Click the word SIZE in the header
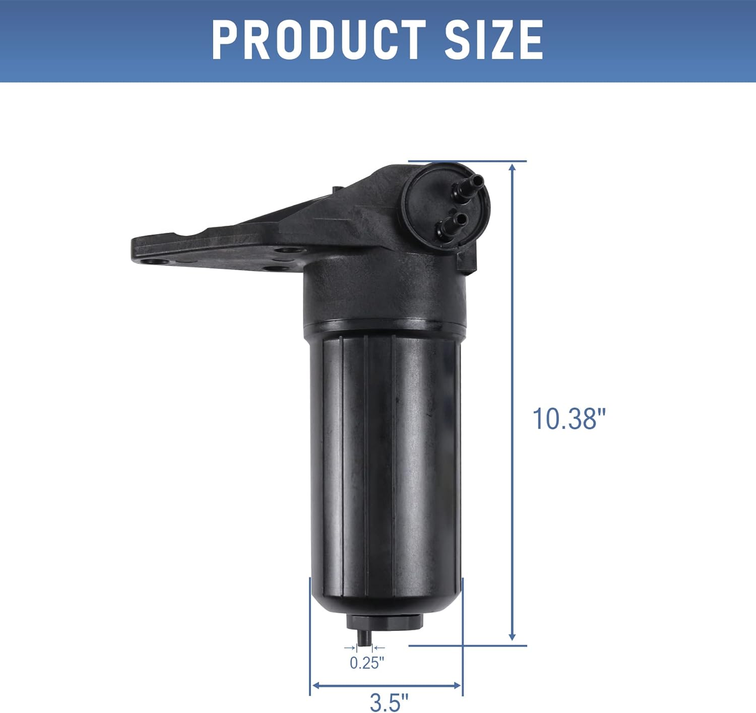coord(493,40)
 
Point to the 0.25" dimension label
coord(367,663)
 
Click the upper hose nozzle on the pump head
coord(471,183)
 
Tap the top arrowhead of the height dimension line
coord(513,168)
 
